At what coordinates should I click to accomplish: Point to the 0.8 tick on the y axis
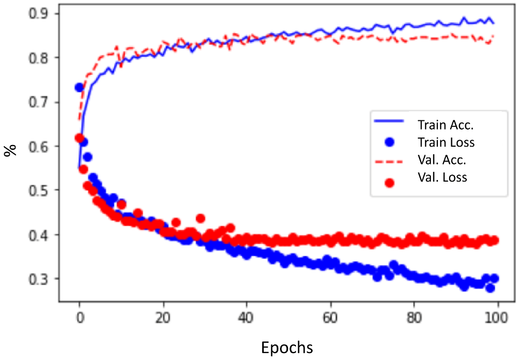pyautogui.click(x=41, y=57)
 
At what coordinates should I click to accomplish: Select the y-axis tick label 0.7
pyautogui.click(x=41, y=102)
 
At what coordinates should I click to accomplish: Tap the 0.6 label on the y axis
pyautogui.click(x=41, y=146)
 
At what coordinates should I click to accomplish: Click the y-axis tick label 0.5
pyautogui.click(x=41, y=190)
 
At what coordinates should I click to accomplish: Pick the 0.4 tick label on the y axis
pyautogui.click(x=41, y=235)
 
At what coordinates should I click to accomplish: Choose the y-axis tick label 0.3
pyautogui.click(x=41, y=279)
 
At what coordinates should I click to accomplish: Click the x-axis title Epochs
pyautogui.click(x=287, y=347)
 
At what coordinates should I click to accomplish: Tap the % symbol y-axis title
pyautogui.click(x=10, y=149)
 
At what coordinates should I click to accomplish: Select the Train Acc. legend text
pyautogui.click(x=445, y=126)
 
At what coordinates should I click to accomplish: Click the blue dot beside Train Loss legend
pyautogui.click(x=390, y=143)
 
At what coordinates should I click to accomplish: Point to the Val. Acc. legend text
pyautogui.click(x=442, y=160)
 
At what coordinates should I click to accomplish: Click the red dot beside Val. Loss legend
pyautogui.click(x=390, y=183)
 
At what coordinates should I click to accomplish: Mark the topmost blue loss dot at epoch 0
pyautogui.click(x=79, y=87)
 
